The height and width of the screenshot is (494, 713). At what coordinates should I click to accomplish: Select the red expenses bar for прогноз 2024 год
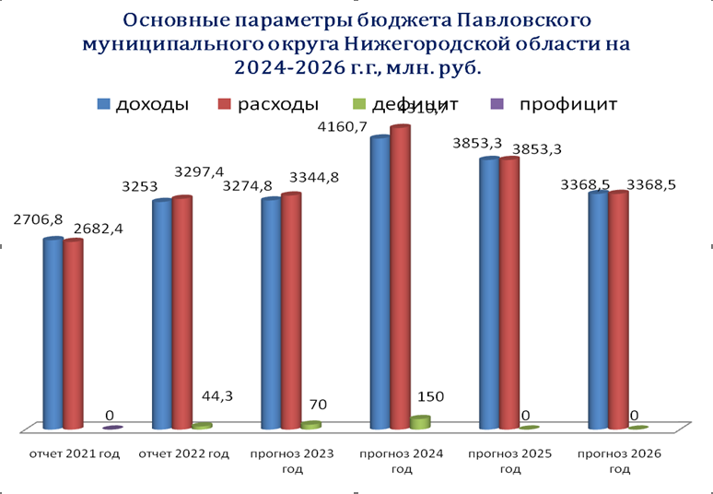400,276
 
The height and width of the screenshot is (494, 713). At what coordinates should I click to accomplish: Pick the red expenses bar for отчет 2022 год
182,313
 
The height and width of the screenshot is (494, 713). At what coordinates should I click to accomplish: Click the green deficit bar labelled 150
420,422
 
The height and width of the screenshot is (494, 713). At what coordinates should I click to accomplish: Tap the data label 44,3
216,397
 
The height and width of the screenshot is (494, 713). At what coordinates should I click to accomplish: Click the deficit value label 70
317,404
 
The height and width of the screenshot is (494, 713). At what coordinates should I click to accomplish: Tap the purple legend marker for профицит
498,104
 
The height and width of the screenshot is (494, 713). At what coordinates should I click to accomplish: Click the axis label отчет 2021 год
75,453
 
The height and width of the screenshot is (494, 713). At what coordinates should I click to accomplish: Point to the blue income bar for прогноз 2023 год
271,313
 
